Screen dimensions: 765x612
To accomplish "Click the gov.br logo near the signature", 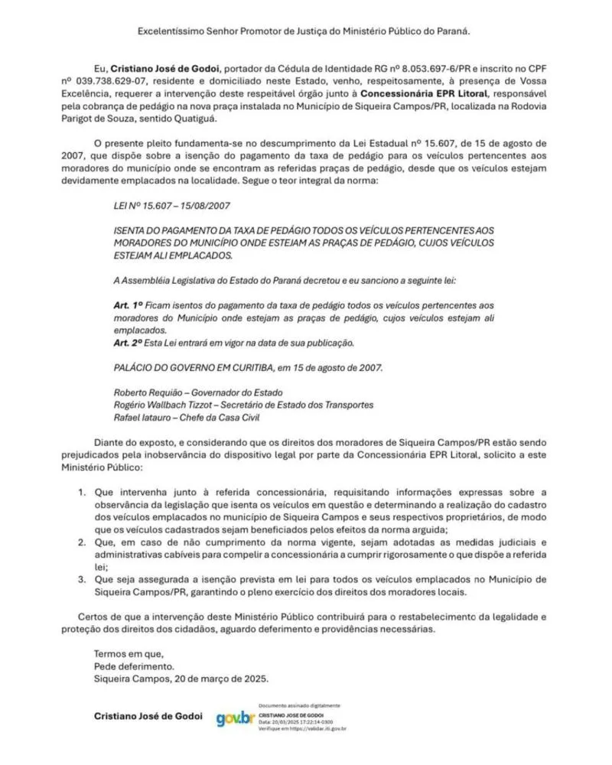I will (235, 718).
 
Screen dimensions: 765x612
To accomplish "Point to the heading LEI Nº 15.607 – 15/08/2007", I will (171, 206).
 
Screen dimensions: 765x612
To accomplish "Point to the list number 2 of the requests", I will (82, 542).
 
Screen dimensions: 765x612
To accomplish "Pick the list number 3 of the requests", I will (82, 579).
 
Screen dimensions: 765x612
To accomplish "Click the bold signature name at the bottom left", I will (148, 717).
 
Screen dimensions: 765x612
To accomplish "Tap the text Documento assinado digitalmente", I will (299, 705).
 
